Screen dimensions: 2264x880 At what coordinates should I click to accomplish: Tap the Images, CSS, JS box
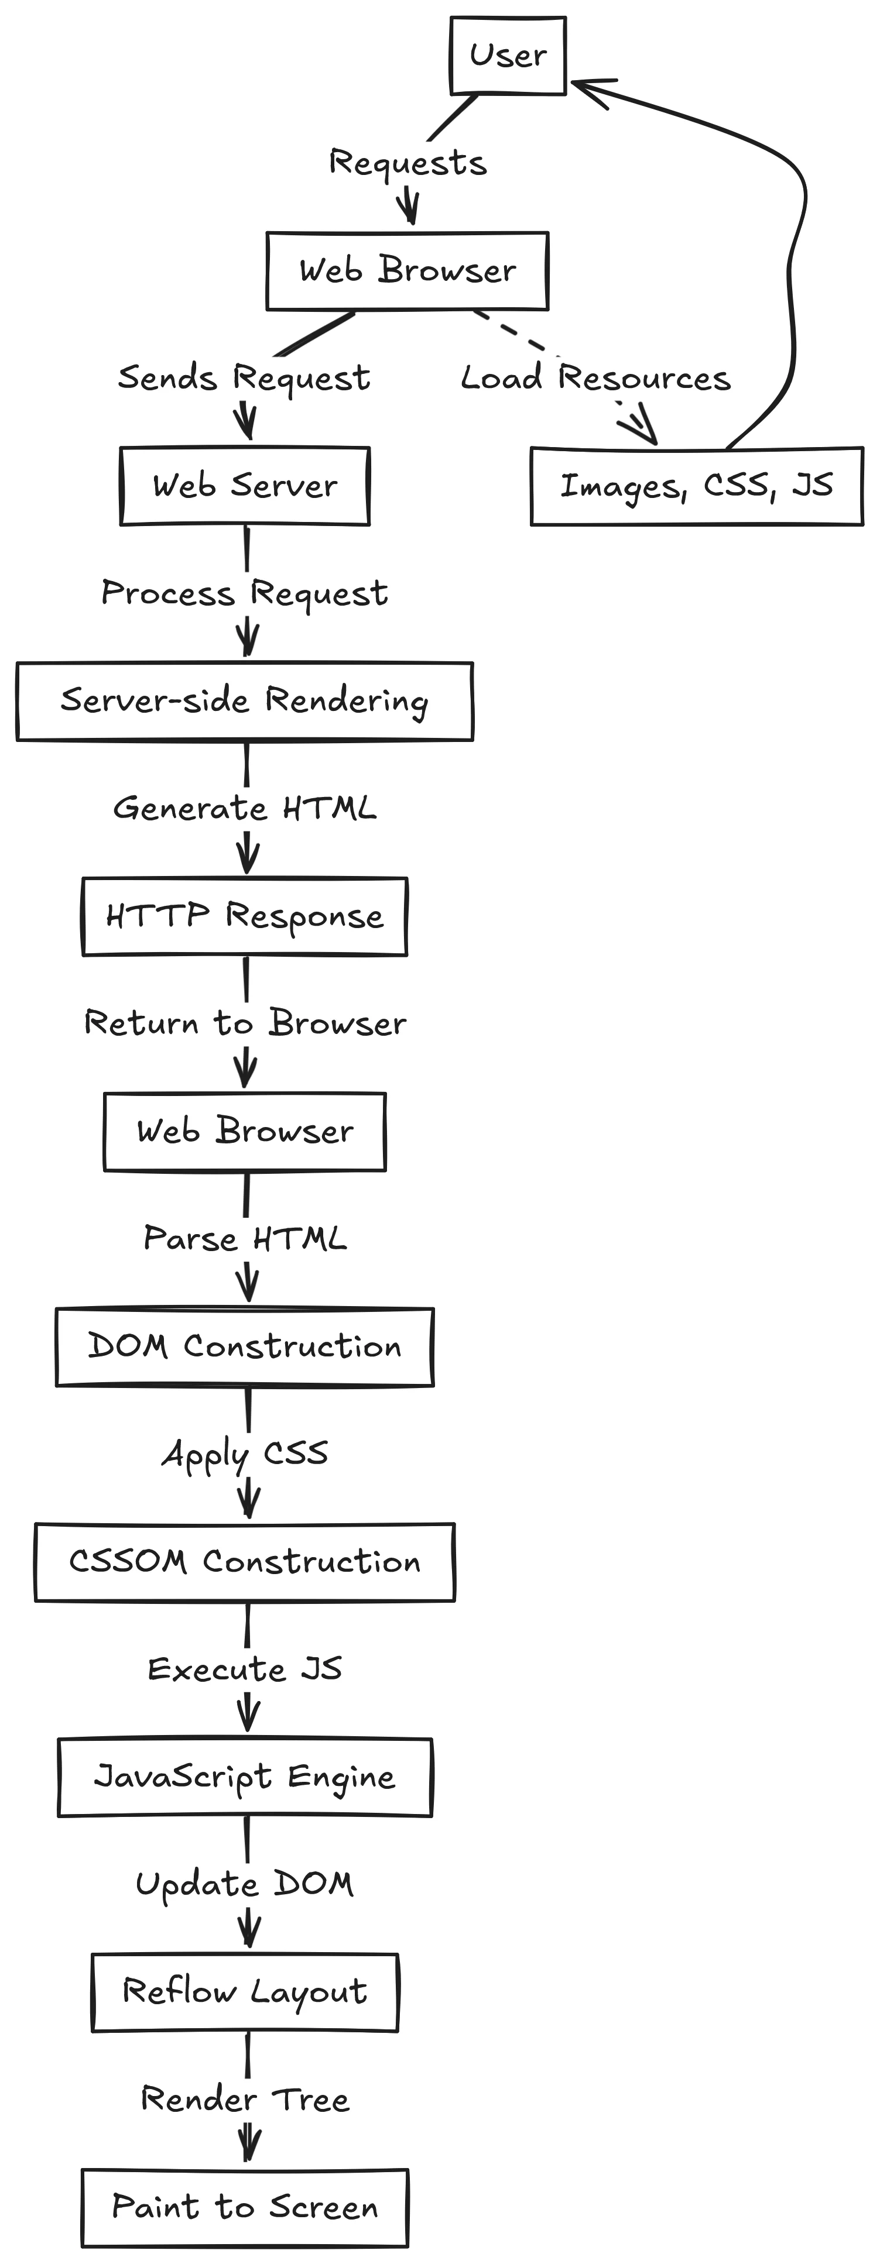[x=696, y=486]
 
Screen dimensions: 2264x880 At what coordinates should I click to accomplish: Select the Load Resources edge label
[x=595, y=378]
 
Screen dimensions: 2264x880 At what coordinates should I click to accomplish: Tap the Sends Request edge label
[x=244, y=378]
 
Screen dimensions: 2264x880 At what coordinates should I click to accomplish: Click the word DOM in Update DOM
[x=313, y=1884]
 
